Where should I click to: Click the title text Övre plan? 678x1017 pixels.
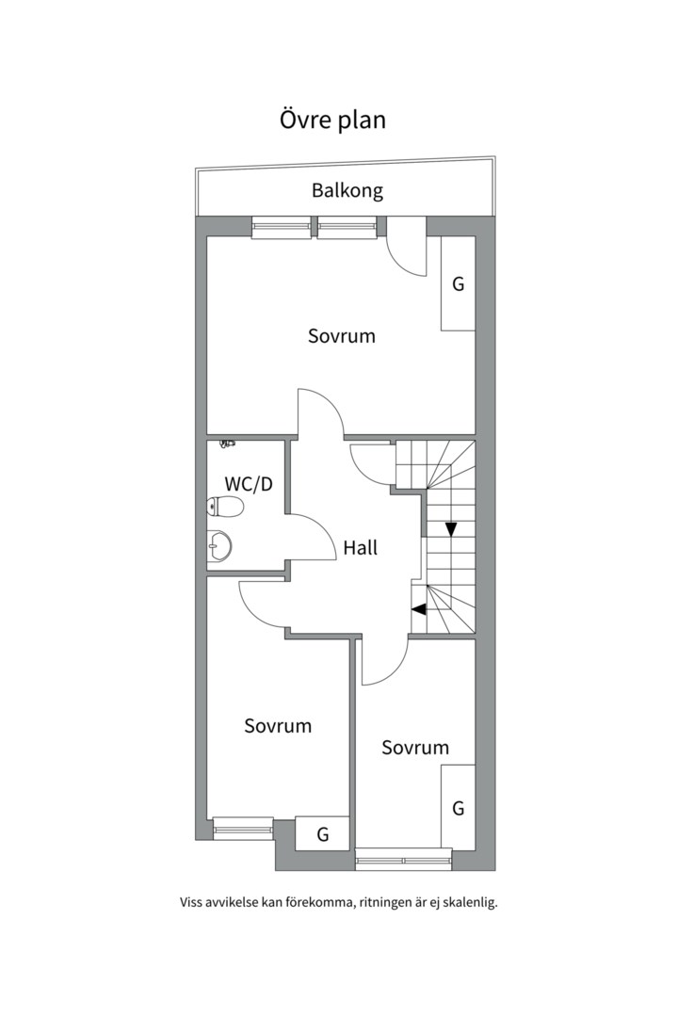(332, 121)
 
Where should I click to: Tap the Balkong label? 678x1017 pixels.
(347, 190)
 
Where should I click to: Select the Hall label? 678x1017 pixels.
(361, 547)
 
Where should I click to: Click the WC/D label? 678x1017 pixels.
(249, 484)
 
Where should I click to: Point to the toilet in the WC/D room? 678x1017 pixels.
(225, 508)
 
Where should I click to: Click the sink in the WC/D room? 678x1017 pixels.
(218, 545)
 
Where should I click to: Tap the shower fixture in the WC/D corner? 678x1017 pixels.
(226, 442)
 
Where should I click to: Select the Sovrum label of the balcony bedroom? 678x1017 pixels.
(341, 335)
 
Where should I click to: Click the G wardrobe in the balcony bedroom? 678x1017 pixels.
(459, 283)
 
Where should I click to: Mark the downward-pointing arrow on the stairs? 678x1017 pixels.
(451, 529)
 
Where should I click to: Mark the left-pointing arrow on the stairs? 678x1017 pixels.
(419, 608)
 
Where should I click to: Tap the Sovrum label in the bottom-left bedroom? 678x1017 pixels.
(278, 726)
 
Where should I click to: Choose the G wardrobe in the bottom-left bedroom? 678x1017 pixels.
(322, 833)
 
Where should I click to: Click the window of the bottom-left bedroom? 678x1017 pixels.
(242, 827)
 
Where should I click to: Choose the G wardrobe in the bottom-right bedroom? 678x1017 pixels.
(458, 807)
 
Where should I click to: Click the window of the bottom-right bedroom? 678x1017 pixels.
(403, 859)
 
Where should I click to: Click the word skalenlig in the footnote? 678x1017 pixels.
(462, 902)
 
